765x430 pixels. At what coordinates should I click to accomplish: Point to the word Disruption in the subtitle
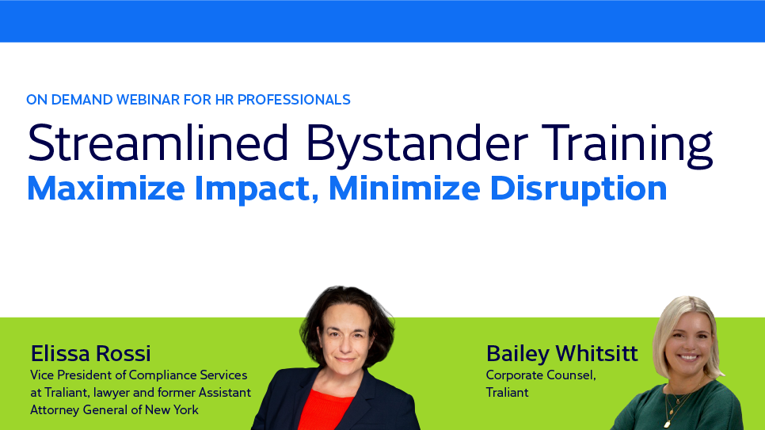click(578, 188)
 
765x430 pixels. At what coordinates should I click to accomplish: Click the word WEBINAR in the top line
click(154, 100)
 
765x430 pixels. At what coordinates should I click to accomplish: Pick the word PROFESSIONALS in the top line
click(291, 100)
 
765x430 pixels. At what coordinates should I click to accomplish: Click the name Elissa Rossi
click(90, 352)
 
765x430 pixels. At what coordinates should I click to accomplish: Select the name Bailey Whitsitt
click(561, 352)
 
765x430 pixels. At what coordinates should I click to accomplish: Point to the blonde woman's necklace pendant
click(668, 423)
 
